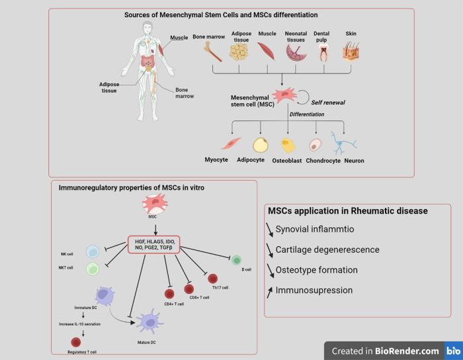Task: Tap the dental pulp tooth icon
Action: click(323, 52)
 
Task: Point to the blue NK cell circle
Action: click(93, 251)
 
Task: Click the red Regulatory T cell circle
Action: click(75, 343)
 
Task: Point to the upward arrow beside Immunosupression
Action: click(269, 290)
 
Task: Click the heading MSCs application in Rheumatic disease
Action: click(347, 211)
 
